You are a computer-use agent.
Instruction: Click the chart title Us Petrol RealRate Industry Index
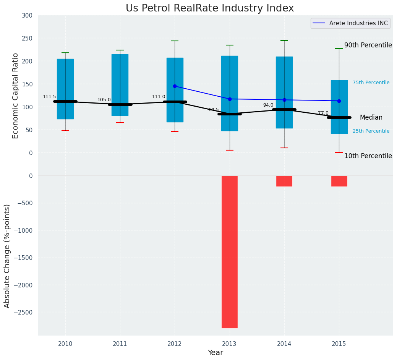tap(210, 8)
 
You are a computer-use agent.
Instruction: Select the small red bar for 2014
tap(284, 181)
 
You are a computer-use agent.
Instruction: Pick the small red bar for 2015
tap(339, 181)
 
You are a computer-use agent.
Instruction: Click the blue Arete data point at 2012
tap(175, 86)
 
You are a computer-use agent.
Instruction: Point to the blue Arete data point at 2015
tap(339, 101)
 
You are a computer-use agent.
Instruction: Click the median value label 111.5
tap(49, 97)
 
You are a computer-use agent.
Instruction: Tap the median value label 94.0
tap(268, 105)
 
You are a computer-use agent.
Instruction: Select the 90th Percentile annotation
tap(368, 45)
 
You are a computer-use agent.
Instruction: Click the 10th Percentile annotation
tap(368, 156)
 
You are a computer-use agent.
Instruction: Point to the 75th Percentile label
tap(371, 83)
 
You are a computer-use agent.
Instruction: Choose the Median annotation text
tap(371, 117)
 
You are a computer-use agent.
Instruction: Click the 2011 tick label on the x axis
tap(120, 344)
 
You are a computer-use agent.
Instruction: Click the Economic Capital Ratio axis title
tap(16, 96)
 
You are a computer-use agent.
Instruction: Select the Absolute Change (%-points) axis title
tap(7, 256)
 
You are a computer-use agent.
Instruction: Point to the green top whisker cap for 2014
tap(284, 41)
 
